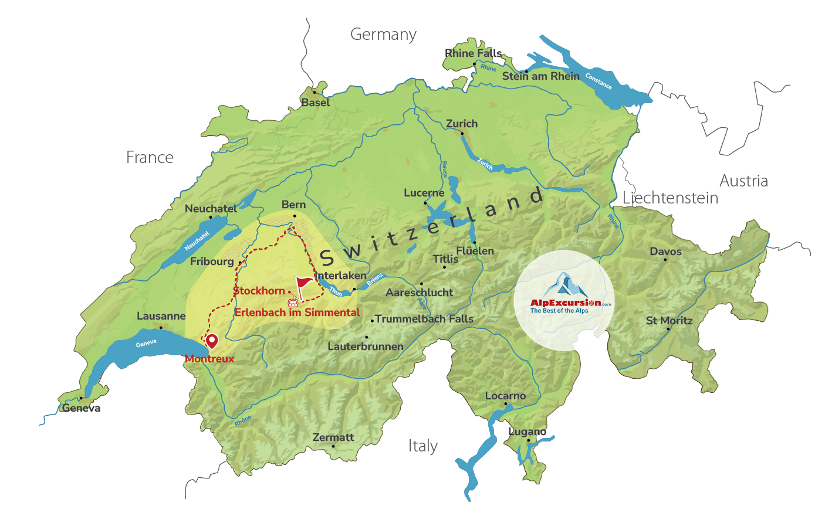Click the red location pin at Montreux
(x=211, y=340)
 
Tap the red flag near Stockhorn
(x=303, y=285)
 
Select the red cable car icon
(x=293, y=302)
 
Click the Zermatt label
(x=333, y=437)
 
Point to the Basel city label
(x=316, y=103)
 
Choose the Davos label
(x=665, y=252)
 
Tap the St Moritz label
(x=669, y=321)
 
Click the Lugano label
(x=527, y=432)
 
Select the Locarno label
(x=505, y=396)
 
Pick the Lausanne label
(x=161, y=316)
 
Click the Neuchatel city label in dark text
(x=211, y=209)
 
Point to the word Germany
(x=383, y=35)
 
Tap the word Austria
(x=743, y=181)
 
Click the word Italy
(x=422, y=446)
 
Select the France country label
(x=150, y=157)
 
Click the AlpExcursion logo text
(x=566, y=303)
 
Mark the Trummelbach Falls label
(x=424, y=319)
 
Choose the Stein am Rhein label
(x=540, y=76)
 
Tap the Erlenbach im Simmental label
(x=297, y=313)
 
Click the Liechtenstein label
(x=670, y=198)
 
